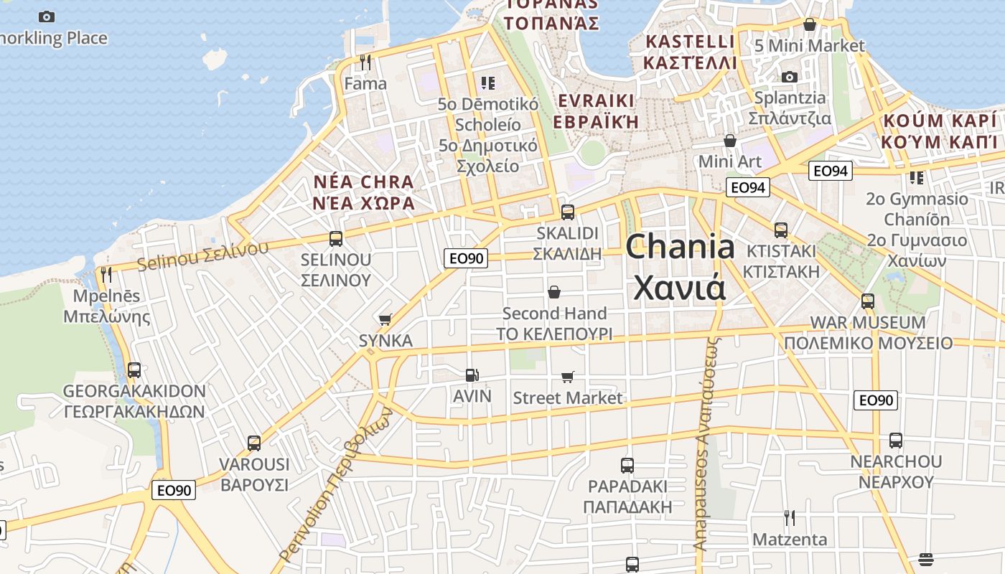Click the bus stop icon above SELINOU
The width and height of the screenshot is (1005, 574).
coord(335,239)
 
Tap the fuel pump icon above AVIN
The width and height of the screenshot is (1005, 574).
coord(472,375)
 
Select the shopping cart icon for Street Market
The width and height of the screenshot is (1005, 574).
coord(568,377)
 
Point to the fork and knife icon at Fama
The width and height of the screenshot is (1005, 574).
coord(365,62)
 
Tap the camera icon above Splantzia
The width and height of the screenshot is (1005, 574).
coord(789,77)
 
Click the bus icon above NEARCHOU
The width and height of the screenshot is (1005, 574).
coord(895,441)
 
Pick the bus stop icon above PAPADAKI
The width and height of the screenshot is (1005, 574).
coord(627,466)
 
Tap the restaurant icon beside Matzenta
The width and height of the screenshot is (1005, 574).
coord(789,517)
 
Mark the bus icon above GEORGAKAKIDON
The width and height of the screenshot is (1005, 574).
coord(134,370)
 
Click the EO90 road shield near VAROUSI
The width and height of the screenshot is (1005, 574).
coord(174,490)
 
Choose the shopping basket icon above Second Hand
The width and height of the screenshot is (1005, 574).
coord(554,292)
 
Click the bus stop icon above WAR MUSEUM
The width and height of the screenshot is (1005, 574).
coord(867,301)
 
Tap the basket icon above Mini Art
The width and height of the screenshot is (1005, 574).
coord(730,141)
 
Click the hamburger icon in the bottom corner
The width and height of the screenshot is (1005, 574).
coord(925,559)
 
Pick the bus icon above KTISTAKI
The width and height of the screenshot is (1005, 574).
coord(780,230)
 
